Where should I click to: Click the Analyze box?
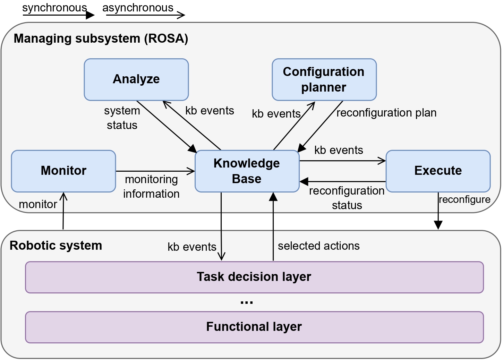point(136,79)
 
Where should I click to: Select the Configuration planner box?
point(324,79)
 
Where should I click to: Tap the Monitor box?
point(63,171)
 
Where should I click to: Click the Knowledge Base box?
point(247,171)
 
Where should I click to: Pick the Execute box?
point(438,171)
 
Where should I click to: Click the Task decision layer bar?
point(254,277)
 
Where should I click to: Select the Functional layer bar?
point(254,327)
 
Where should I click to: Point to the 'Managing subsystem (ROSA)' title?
point(101,38)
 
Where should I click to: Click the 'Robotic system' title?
point(56,246)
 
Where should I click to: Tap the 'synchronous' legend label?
point(54,8)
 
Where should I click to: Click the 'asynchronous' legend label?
point(138,8)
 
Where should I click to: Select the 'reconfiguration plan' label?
point(386,113)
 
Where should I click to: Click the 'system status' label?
point(122,118)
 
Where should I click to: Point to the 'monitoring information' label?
point(151,187)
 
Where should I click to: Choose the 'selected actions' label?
point(318,246)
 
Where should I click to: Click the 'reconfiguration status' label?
point(347,198)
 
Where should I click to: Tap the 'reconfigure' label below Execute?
point(464,200)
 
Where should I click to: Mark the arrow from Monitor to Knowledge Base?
point(155,171)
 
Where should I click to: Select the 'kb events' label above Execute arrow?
point(339,150)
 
